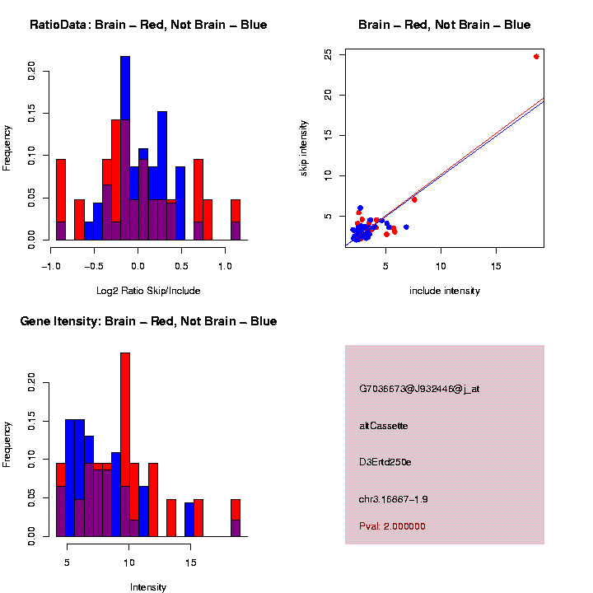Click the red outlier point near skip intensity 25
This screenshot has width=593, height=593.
(x=536, y=57)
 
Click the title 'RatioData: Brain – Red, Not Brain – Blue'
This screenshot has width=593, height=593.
(x=148, y=26)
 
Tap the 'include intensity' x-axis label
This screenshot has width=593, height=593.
(x=445, y=291)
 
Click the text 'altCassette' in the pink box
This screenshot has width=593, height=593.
(x=384, y=426)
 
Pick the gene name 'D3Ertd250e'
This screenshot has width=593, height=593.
(x=385, y=462)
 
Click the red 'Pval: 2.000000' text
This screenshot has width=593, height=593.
(x=392, y=526)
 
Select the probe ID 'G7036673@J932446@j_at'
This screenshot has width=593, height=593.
(x=419, y=389)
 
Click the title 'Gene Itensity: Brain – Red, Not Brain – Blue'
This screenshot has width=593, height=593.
(x=148, y=321)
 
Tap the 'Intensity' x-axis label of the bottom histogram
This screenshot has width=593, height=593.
(x=148, y=587)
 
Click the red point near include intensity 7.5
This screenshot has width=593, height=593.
(x=414, y=199)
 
